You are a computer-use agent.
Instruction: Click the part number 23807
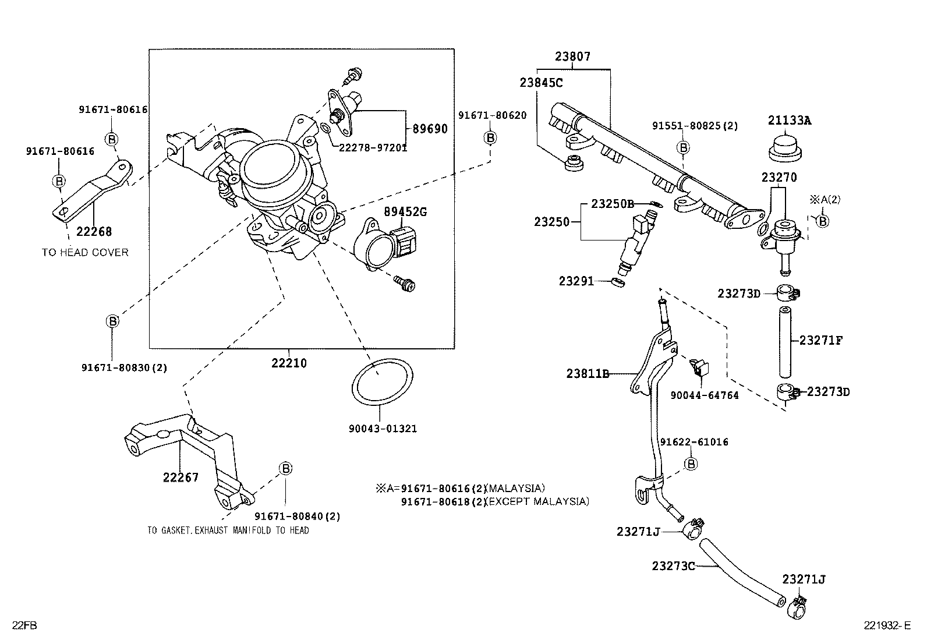coord(572,56)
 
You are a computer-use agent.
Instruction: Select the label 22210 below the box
coord(289,363)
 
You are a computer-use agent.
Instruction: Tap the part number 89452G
coord(405,212)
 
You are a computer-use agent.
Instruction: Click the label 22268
coord(94,231)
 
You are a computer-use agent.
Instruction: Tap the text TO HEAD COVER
coord(85,252)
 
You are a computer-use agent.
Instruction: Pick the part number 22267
coord(181,478)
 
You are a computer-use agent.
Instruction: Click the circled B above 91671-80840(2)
coord(285,468)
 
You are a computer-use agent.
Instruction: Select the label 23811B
coord(588,373)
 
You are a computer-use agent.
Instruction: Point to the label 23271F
coord(821,340)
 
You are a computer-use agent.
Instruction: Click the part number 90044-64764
coord(704,395)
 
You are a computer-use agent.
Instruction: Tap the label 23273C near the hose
coord(673,565)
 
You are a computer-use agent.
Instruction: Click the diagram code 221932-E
coord(887,626)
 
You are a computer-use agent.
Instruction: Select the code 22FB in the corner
coord(25,626)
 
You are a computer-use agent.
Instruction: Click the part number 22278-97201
coord(373,147)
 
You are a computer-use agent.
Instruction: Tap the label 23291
coord(576,281)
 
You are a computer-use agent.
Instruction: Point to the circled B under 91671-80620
coord(490,137)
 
